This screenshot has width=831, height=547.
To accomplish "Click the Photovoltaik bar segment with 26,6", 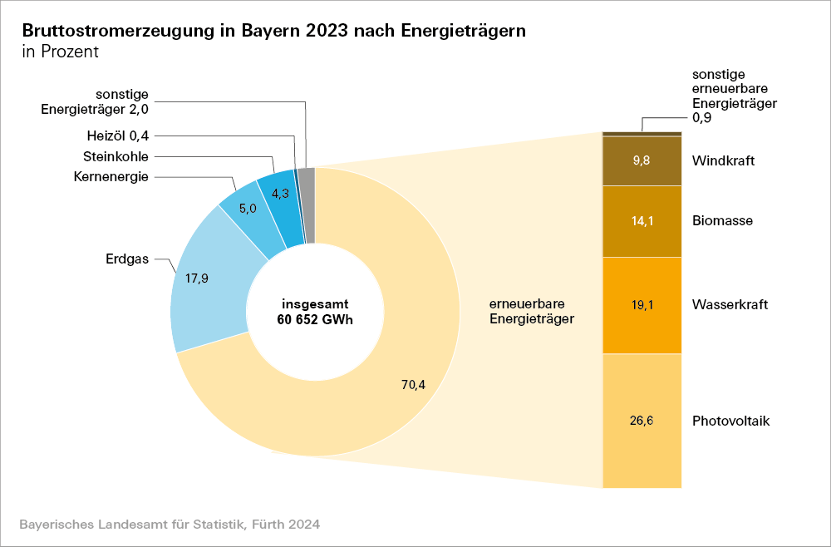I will pos(642,421).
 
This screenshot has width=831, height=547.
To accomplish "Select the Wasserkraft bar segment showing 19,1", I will pos(642,305).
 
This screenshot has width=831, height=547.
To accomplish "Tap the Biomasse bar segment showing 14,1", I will pos(642,221).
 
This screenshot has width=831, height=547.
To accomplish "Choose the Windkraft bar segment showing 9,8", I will pos(642,160).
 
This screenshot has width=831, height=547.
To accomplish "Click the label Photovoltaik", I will pos(730,421).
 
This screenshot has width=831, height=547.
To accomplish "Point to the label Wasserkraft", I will pos(730,305).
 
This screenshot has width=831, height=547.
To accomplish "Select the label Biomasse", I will pos(722,221).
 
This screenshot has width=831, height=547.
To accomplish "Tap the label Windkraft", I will pos(723,160).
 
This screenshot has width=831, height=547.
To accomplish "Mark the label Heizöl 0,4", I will pos(118,136).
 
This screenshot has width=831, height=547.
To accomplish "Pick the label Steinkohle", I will pos(116,156).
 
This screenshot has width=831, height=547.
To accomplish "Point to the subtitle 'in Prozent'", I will pos(61,52).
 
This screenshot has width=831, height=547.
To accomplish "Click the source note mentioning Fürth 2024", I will pos(170,525).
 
